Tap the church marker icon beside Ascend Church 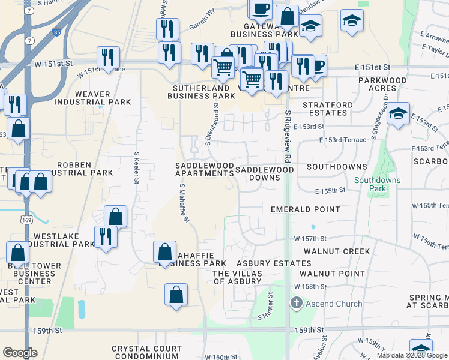(295, 304)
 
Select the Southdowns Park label (378, 184)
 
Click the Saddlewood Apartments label (204, 169)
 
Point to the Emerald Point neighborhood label (305, 209)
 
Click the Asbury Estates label (274, 263)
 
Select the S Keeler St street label (137, 169)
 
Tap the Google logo (20, 353)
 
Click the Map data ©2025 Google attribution (411, 355)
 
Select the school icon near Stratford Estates (398, 113)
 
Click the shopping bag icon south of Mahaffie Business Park (176, 295)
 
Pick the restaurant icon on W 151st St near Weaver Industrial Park (108, 57)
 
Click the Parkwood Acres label (382, 84)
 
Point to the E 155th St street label (330, 190)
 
